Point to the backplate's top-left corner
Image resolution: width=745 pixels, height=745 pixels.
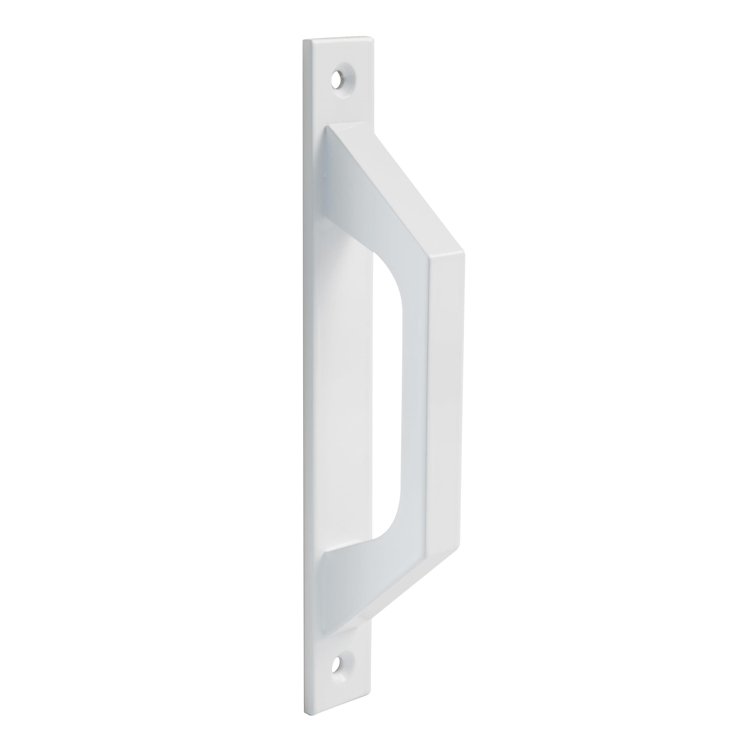click(304, 40)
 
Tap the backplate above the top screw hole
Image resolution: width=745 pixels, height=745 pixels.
click(339, 52)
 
